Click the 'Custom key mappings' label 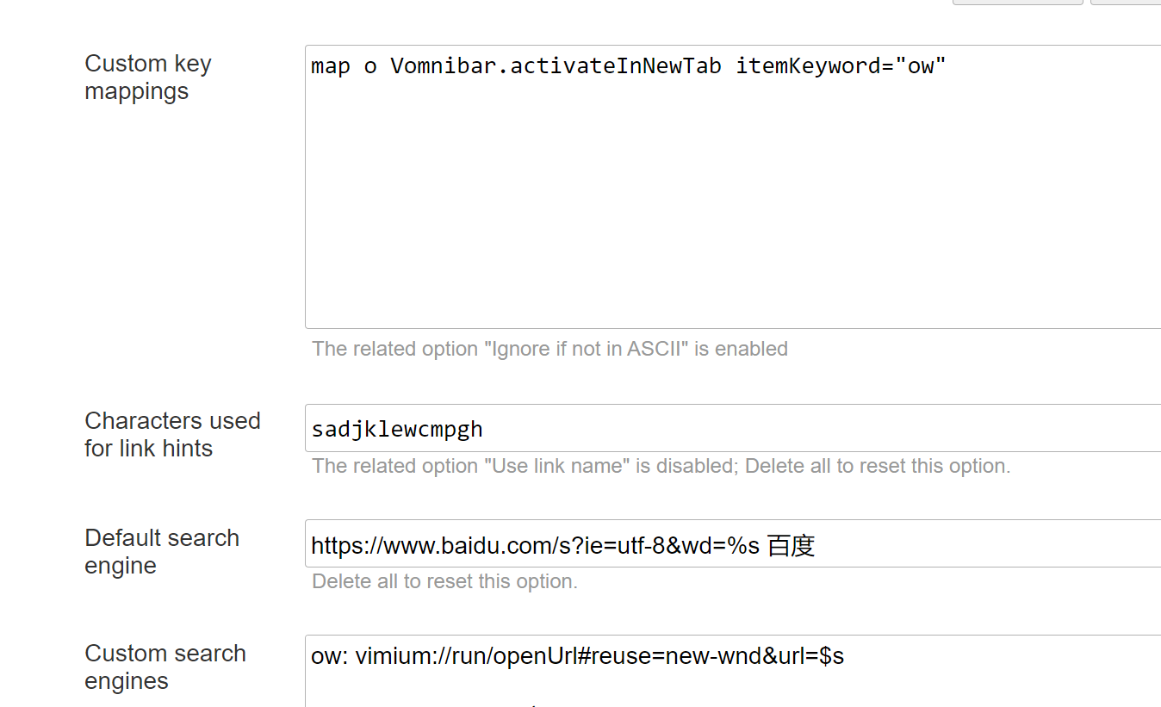(147, 78)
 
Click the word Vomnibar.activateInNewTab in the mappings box (556, 66)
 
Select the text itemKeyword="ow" (841, 66)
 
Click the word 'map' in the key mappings (331, 66)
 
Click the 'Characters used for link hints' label (171, 434)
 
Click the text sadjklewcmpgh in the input (397, 429)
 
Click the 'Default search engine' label (161, 551)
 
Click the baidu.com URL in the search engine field (534, 545)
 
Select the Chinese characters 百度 (791, 545)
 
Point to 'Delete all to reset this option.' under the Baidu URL (444, 581)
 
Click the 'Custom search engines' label (165, 667)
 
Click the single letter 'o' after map (370, 66)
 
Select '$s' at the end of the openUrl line (831, 656)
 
